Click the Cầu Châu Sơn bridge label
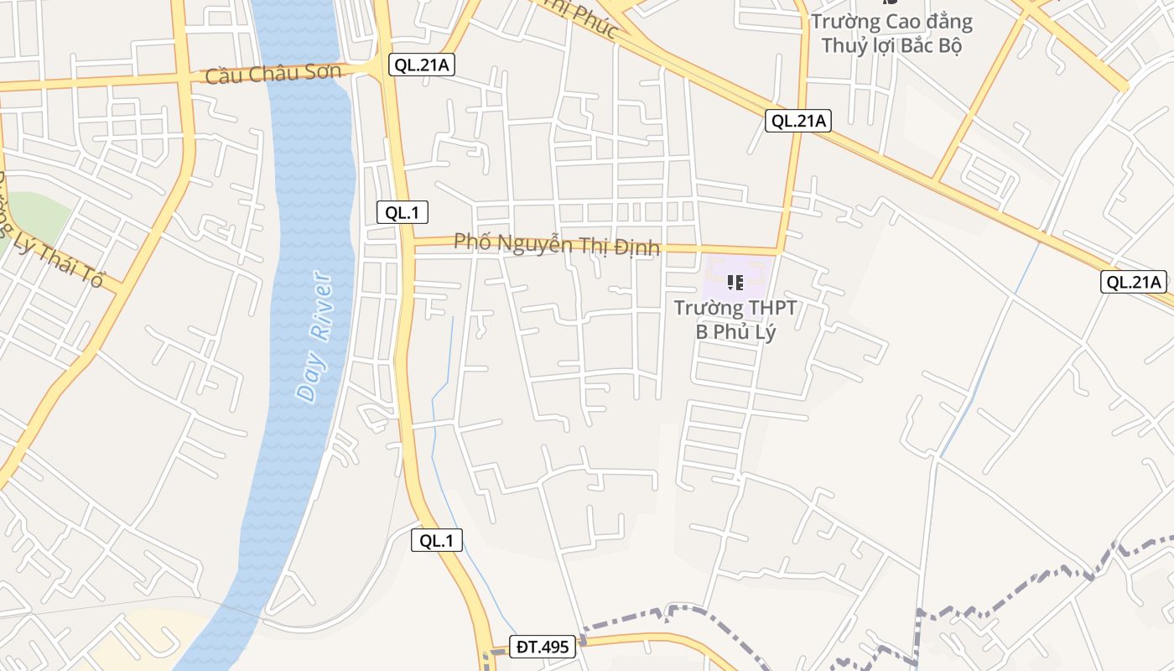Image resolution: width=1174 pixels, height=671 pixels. (273, 74)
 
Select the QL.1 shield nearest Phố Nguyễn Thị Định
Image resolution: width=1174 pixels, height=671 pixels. (402, 212)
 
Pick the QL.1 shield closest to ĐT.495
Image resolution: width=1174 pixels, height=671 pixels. (437, 541)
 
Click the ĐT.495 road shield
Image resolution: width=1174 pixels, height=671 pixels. (543, 647)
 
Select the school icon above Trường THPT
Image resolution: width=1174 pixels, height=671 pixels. (735, 283)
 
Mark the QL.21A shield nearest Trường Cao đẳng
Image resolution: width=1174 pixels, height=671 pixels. (798, 121)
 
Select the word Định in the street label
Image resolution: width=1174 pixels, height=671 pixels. (637, 248)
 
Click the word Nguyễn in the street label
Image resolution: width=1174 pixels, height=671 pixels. (538, 244)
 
